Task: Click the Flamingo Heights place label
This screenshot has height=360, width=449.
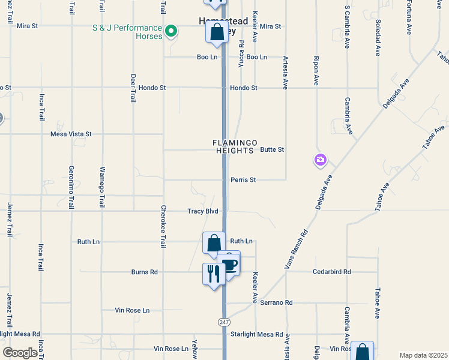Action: (x=235, y=146)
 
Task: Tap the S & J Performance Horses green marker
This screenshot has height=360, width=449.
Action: (x=171, y=30)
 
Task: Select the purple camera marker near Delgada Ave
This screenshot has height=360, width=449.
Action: (x=320, y=159)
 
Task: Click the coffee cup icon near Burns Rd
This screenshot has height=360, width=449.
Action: (x=229, y=263)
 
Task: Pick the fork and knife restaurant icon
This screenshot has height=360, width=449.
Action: (x=214, y=274)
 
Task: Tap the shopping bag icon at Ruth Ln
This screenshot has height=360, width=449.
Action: (x=214, y=244)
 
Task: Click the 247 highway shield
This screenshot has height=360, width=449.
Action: (x=223, y=322)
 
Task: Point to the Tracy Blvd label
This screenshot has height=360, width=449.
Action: (x=203, y=211)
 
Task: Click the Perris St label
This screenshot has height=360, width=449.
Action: (x=243, y=179)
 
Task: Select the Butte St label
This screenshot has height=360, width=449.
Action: (x=271, y=149)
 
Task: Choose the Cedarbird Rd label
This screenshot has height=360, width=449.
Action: (x=331, y=272)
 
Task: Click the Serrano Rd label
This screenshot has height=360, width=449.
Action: (x=276, y=303)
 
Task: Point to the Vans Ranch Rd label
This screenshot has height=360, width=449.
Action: (x=296, y=250)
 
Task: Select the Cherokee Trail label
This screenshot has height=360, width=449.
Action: (x=163, y=227)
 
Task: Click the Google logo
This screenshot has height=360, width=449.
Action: (x=19, y=353)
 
